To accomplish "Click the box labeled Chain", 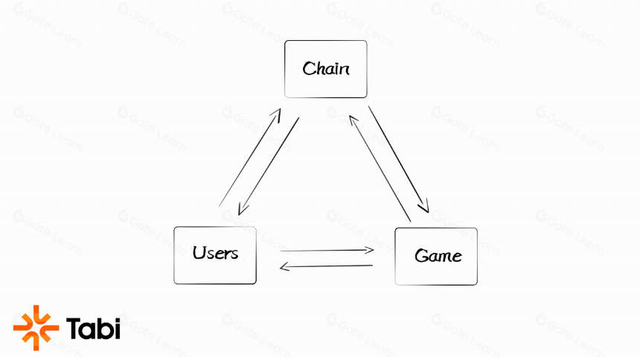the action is (326, 69).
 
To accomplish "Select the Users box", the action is (215, 256).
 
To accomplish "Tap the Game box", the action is (436, 257).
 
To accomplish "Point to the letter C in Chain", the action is (309, 68).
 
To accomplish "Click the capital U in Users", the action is (199, 253).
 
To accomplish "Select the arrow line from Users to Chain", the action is (250, 157).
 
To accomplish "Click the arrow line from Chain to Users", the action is (269, 167).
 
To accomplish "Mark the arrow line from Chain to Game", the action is (399, 160).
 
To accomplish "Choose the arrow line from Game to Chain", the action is (380, 169).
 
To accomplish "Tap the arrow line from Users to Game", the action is (327, 250).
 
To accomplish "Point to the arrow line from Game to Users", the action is (326, 266).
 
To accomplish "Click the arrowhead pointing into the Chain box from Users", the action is (277, 115).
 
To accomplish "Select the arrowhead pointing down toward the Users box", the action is (243, 209).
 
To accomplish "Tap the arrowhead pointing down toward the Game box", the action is (424, 206).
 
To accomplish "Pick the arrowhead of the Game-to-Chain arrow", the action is (353, 121).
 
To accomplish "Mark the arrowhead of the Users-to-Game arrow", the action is (369, 250).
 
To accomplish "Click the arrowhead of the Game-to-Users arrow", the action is (284, 267).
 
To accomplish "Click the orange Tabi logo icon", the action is (36, 328).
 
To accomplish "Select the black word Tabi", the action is (94, 328).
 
